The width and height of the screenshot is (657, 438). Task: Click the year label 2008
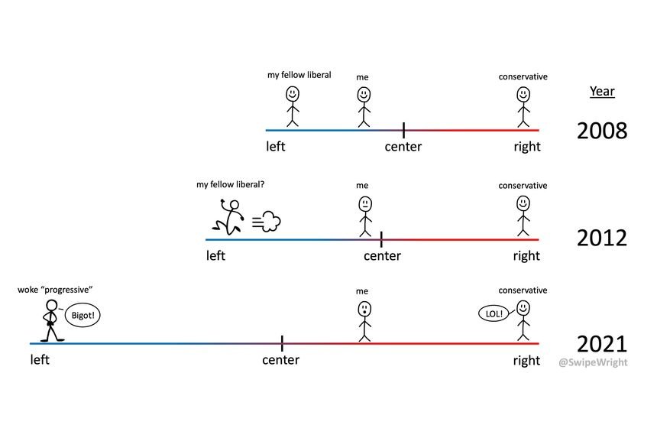coord(602,131)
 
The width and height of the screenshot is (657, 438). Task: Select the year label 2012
coord(602,238)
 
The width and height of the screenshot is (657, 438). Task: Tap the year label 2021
coord(602,344)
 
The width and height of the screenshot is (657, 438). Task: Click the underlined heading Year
coord(602,92)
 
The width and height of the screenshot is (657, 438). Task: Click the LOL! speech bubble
coord(494,313)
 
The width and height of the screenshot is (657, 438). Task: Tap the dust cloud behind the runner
coord(267,222)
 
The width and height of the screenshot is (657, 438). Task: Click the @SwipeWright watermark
coord(593,362)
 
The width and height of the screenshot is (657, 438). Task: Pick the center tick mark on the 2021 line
coord(282,343)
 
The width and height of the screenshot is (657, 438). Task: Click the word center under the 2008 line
coord(403,147)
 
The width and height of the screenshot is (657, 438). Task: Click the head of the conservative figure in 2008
coord(523,94)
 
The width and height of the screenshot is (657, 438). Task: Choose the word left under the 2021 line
coord(40,360)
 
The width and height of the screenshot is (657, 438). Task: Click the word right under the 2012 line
coord(526,255)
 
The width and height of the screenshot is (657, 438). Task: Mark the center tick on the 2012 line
coord(381,238)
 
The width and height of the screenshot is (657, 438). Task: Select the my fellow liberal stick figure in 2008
coord(293,105)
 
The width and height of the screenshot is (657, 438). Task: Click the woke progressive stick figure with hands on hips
coord(51,320)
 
